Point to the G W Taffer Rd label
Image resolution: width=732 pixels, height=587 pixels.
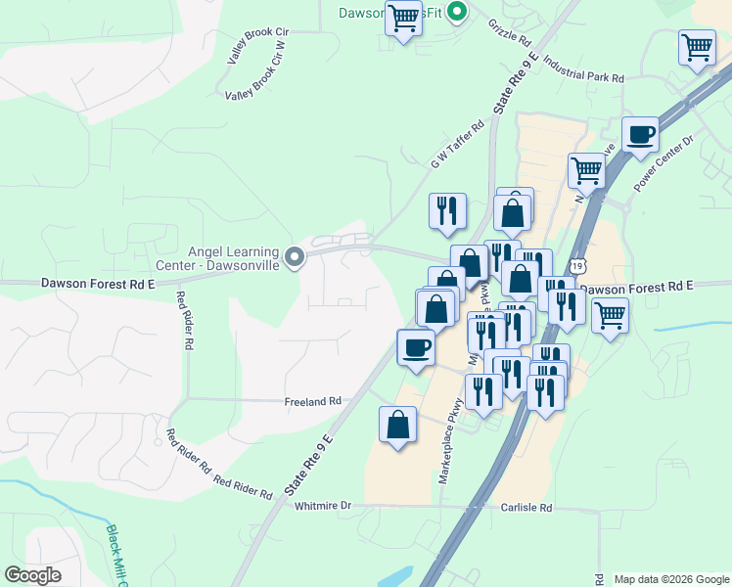point(458,144)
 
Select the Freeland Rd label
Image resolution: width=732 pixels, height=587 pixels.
point(312,401)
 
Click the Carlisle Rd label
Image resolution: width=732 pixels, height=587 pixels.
point(526,508)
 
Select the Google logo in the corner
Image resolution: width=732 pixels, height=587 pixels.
point(33,574)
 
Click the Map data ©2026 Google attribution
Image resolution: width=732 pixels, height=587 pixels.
point(670,579)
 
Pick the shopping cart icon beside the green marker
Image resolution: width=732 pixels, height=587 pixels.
point(403,18)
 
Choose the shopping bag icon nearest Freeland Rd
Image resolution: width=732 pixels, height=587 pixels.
point(397,425)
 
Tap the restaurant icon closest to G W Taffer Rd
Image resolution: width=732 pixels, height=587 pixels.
point(447,209)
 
